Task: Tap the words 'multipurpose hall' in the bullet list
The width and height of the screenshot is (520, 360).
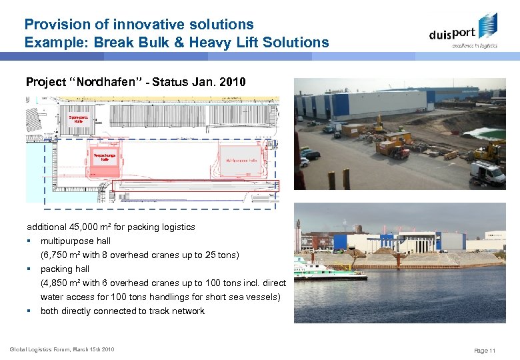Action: (75, 241)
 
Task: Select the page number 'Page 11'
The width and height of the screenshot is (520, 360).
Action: (484, 351)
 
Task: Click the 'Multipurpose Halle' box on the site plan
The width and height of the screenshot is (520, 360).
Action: (240, 161)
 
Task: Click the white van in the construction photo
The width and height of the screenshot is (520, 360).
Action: (488, 173)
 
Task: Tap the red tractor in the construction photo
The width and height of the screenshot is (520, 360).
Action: (399, 153)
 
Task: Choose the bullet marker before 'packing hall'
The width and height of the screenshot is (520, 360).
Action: (29, 269)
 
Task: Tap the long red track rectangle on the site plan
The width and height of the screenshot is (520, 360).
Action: (200, 185)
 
